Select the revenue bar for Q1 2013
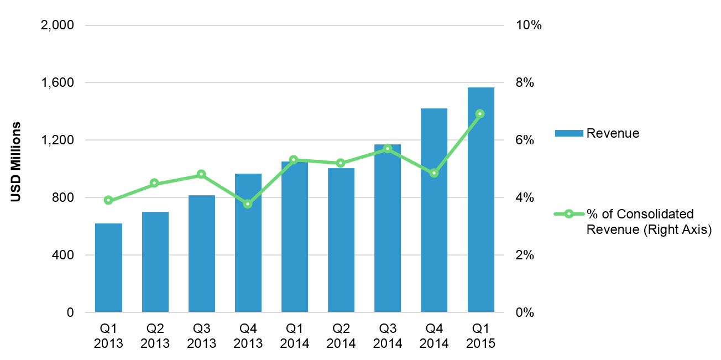[108, 268]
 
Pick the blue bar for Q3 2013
[201, 254]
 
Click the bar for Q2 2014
[341, 241]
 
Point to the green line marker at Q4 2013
[248, 204]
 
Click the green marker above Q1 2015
[480, 114]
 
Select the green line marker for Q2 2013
[155, 183]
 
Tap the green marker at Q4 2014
[434, 173]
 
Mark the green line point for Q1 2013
[108, 200]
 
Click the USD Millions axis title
[16, 161]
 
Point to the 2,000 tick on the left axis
[59, 25]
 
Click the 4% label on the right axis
[526, 197]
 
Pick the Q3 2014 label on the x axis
[388, 336]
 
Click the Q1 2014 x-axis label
[295, 336]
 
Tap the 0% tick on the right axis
[526, 312]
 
